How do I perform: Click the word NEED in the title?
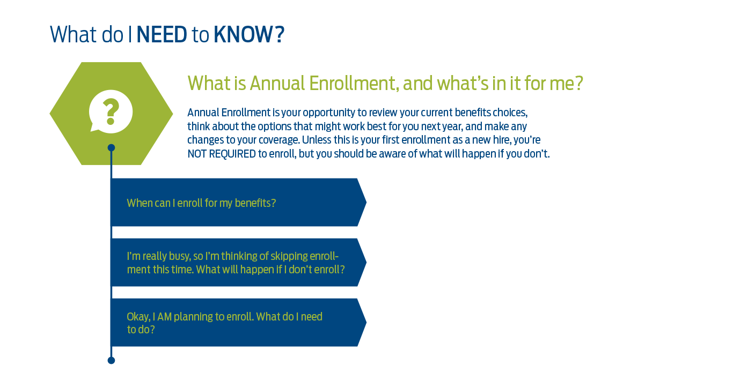(162, 34)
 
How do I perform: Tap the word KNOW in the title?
(243, 34)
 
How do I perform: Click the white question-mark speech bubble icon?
(111, 111)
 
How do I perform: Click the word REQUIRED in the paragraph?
(232, 154)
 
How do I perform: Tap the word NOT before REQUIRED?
(197, 154)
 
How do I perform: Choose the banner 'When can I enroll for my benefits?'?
(238, 202)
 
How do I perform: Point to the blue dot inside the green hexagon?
(111, 148)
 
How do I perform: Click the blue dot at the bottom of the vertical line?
(111, 360)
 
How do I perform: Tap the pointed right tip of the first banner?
(366, 202)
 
